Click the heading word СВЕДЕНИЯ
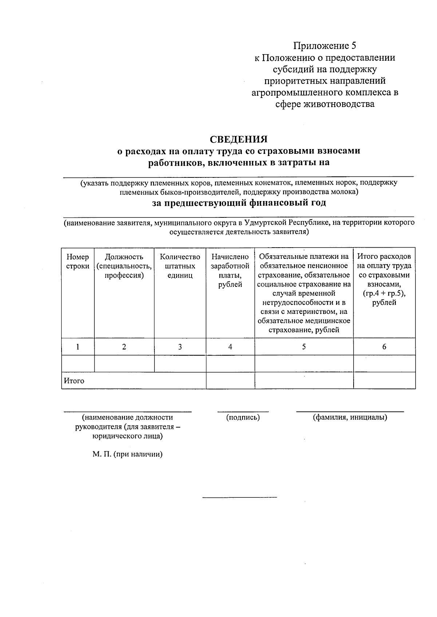click(239, 139)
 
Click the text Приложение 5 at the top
click(325, 46)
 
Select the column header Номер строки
click(78, 261)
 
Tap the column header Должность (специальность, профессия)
click(124, 266)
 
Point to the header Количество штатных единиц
click(180, 266)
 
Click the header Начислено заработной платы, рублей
click(230, 271)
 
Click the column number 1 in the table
click(78, 347)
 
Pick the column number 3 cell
click(180, 347)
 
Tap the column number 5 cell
click(304, 347)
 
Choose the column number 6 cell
click(384, 347)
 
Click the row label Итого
click(74, 381)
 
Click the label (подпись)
click(243, 417)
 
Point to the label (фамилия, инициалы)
click(350, 417)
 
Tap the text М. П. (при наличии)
click(127, 454)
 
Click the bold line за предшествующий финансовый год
click(239, 203)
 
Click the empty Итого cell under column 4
click(230, 381)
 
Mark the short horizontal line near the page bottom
click(240, 497)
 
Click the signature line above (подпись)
click(243, 412)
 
